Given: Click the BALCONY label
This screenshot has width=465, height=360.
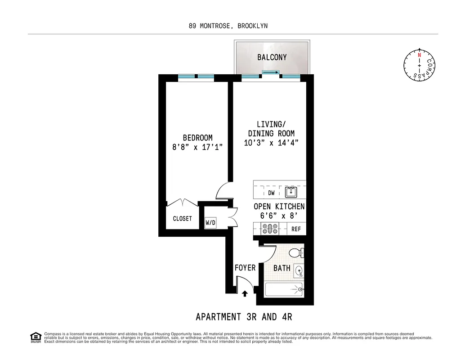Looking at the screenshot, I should [272, 58].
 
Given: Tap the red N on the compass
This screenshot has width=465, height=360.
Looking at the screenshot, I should [419, 55].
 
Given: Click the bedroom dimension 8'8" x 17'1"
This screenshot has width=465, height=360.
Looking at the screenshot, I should [197, 147].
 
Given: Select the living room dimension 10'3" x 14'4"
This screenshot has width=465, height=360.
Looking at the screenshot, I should [271, 143].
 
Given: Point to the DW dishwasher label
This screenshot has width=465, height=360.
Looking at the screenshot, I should [271, 193].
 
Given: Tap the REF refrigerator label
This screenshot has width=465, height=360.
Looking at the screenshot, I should [296, 229].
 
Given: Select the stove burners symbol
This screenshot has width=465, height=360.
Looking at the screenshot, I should [270, 229].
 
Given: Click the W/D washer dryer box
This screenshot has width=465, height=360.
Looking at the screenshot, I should [210, 222].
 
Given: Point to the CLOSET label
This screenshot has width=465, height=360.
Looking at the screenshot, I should [182, 219].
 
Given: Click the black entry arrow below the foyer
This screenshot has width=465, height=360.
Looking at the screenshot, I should [245, 294].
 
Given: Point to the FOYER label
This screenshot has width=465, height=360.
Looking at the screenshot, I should [245, 268].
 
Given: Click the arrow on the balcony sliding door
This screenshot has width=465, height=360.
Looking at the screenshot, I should [270, 72].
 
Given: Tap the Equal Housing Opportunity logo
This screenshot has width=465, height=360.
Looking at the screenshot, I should [35, 337].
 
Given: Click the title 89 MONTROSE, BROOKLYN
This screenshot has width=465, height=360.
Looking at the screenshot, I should [228, 26].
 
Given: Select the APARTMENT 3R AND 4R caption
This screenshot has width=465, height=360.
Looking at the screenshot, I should [244, 317].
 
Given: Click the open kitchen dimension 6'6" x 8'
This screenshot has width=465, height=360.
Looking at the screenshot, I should [279, 215].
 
